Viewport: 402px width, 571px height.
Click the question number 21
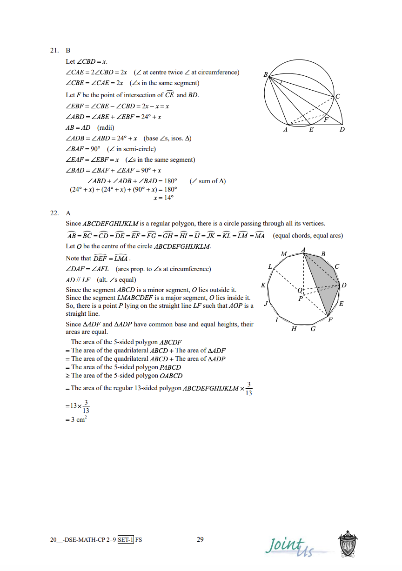coord(54,50)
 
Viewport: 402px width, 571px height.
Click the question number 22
coord(54,213)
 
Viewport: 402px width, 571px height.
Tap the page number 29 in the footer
coord(201,539)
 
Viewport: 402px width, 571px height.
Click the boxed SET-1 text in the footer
coord(126,540)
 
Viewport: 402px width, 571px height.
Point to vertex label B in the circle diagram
coord(265,75)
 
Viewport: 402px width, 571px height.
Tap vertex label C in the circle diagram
coord(338,97)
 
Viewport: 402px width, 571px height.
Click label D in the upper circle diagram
coord(342,130)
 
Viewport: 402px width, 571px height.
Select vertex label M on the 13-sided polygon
coord(284,254)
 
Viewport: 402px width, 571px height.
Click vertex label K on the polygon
coord(263,285)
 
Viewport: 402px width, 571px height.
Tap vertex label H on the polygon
coord(294,329)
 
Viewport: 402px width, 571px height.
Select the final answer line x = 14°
coord(164,198)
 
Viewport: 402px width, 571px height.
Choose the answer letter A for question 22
coord(68,213)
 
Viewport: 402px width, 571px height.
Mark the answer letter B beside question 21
coord(68,50)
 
